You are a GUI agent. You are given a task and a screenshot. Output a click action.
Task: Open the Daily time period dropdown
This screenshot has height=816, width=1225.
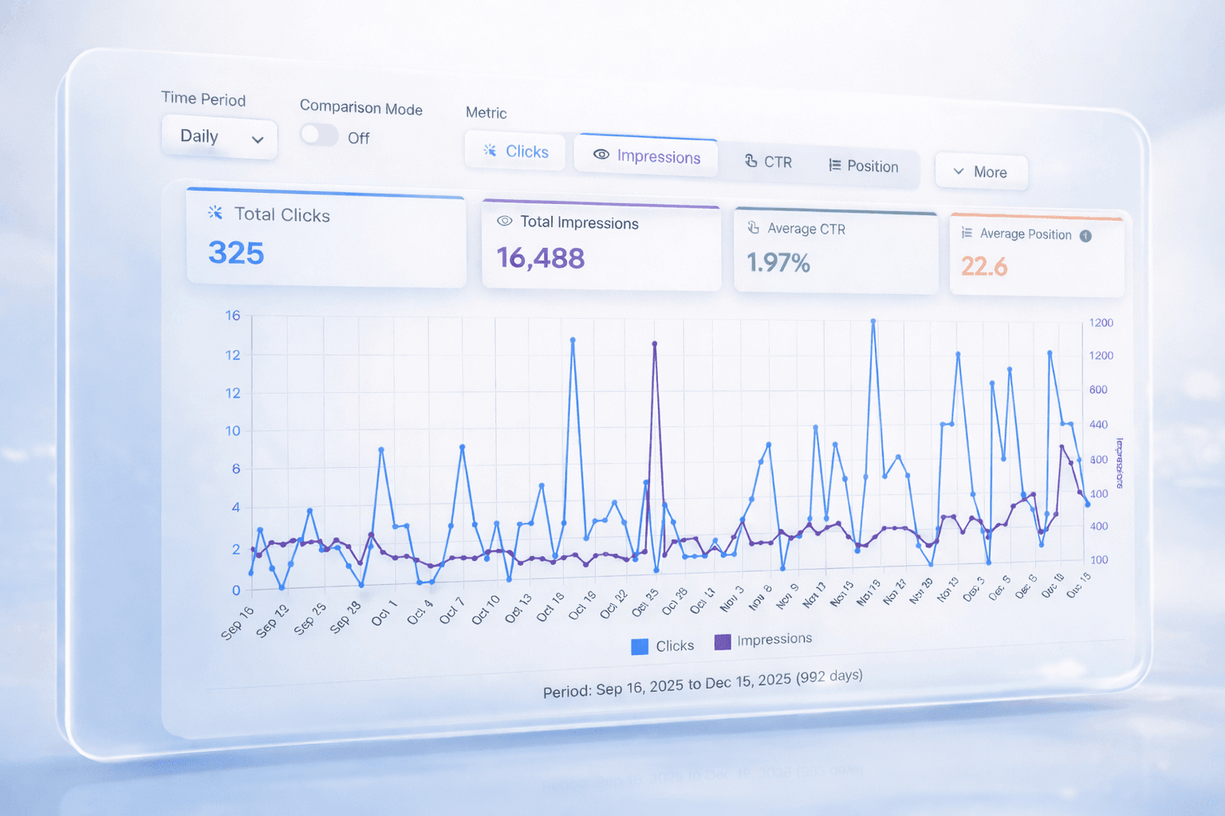[x=219, y=138]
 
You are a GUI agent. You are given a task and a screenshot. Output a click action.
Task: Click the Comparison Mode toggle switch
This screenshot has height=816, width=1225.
[x=319, y=135]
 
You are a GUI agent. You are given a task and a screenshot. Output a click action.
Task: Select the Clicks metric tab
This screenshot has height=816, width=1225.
[x=515, y=151]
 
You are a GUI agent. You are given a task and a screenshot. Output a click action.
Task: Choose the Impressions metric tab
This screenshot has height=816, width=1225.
[x=646, y=156]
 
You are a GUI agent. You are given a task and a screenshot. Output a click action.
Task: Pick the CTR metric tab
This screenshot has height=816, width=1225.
[x=768, y=162]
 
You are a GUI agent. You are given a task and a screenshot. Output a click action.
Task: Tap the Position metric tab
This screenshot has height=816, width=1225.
[x=864, y=166]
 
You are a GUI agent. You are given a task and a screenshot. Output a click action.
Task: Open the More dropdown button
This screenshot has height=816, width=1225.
[x=980, y=172]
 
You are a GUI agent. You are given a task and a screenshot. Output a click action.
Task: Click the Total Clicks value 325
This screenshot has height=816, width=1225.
[x=236, y=253]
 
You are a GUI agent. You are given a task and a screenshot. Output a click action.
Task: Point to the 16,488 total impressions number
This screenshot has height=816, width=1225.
[x=541, y=258]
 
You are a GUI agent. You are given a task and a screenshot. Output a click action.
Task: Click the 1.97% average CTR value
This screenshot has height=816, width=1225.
[x=778, y=262]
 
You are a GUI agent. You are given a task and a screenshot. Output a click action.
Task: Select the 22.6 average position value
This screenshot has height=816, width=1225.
[x=984, y=266]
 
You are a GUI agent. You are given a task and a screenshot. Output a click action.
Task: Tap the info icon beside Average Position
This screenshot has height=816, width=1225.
[x=1085, y=236]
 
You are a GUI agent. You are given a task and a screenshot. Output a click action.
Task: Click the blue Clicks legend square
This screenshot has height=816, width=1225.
[x=640, y=646]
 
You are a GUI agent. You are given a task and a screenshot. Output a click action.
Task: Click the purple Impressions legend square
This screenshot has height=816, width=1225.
[x=723, y=641]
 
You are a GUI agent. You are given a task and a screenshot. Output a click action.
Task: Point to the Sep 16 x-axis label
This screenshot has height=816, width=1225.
[x=237, y=622]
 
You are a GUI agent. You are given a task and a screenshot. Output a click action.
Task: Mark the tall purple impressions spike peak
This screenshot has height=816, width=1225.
[x=655, y=344]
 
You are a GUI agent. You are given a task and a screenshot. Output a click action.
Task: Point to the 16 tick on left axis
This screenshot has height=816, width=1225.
[x=232, y=316]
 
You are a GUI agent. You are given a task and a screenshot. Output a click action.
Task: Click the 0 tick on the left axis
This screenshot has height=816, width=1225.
[x=236, y=590]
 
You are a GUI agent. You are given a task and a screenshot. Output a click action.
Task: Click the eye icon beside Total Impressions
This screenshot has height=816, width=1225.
[x=504, y=221]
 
